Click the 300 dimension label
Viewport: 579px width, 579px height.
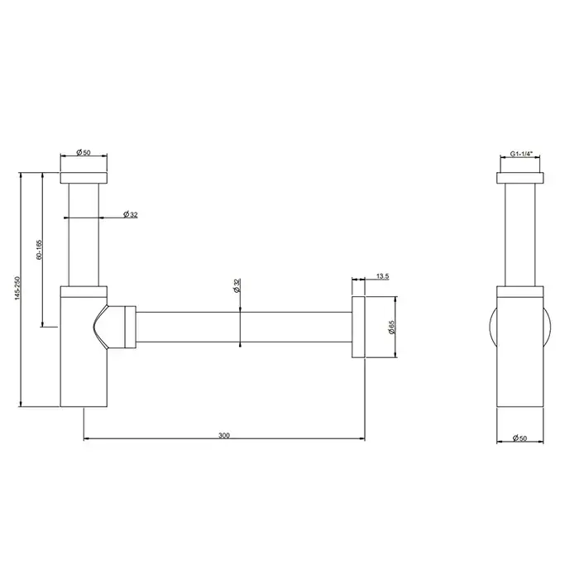point(224,435)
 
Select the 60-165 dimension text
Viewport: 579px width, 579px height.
point(39,250)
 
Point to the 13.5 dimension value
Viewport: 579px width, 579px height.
point(382,276)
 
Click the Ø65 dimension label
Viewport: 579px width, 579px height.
point(391,327)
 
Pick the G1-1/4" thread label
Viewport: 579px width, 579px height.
point(522,154)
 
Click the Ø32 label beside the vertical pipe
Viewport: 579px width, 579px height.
point(131,214)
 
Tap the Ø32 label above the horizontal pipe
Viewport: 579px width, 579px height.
point(237,286)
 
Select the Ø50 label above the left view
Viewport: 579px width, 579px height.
point(83,152)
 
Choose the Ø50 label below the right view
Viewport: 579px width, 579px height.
point(520,438)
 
